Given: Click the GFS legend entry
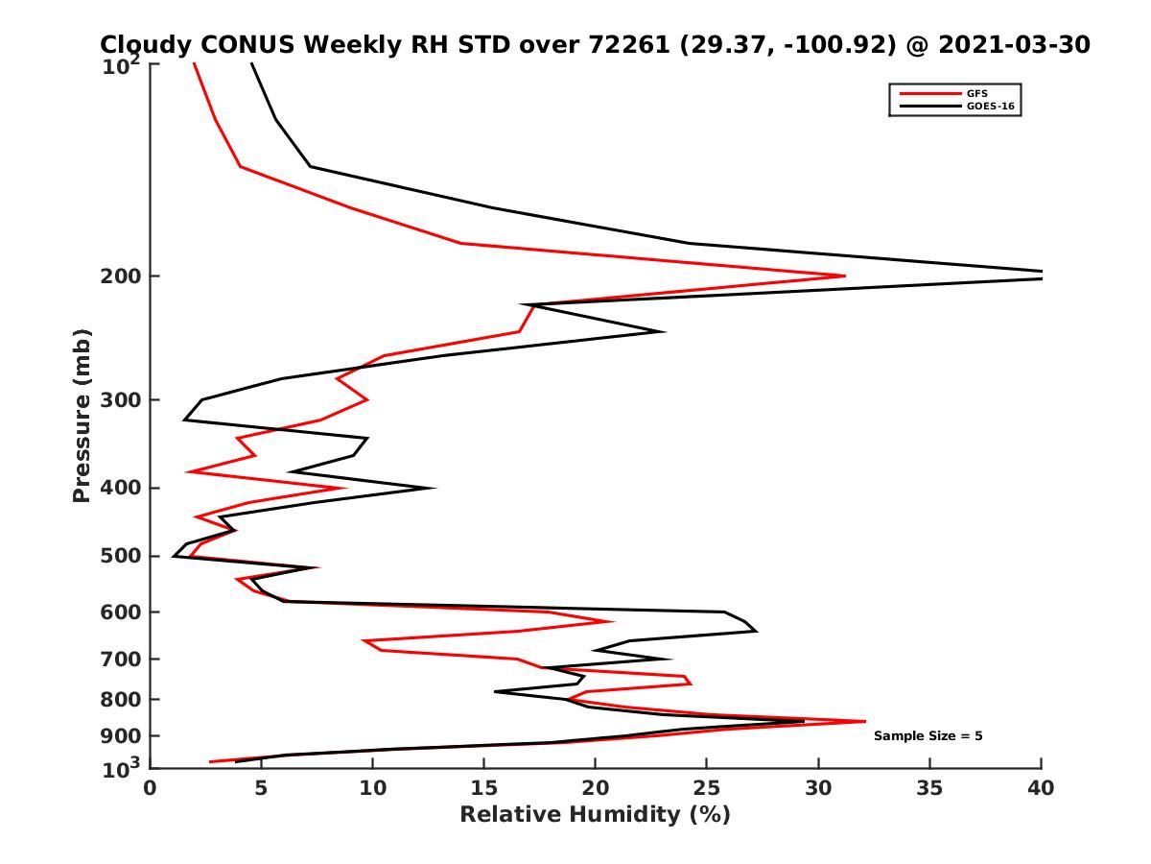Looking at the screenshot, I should pos(976,93).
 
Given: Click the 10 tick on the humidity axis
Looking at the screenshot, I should pos(372,788).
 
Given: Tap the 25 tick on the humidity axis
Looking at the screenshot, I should pos(707,788).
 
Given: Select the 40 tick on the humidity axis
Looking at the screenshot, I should pos(1041,788).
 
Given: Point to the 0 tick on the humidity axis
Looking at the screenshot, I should pos(151,788).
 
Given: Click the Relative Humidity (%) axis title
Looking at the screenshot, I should pos(595,815).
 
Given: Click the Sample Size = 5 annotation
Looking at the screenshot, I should pos(928,736).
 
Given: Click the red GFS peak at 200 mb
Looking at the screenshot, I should pos(845,276).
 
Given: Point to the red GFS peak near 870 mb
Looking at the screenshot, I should pos(865,721).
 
